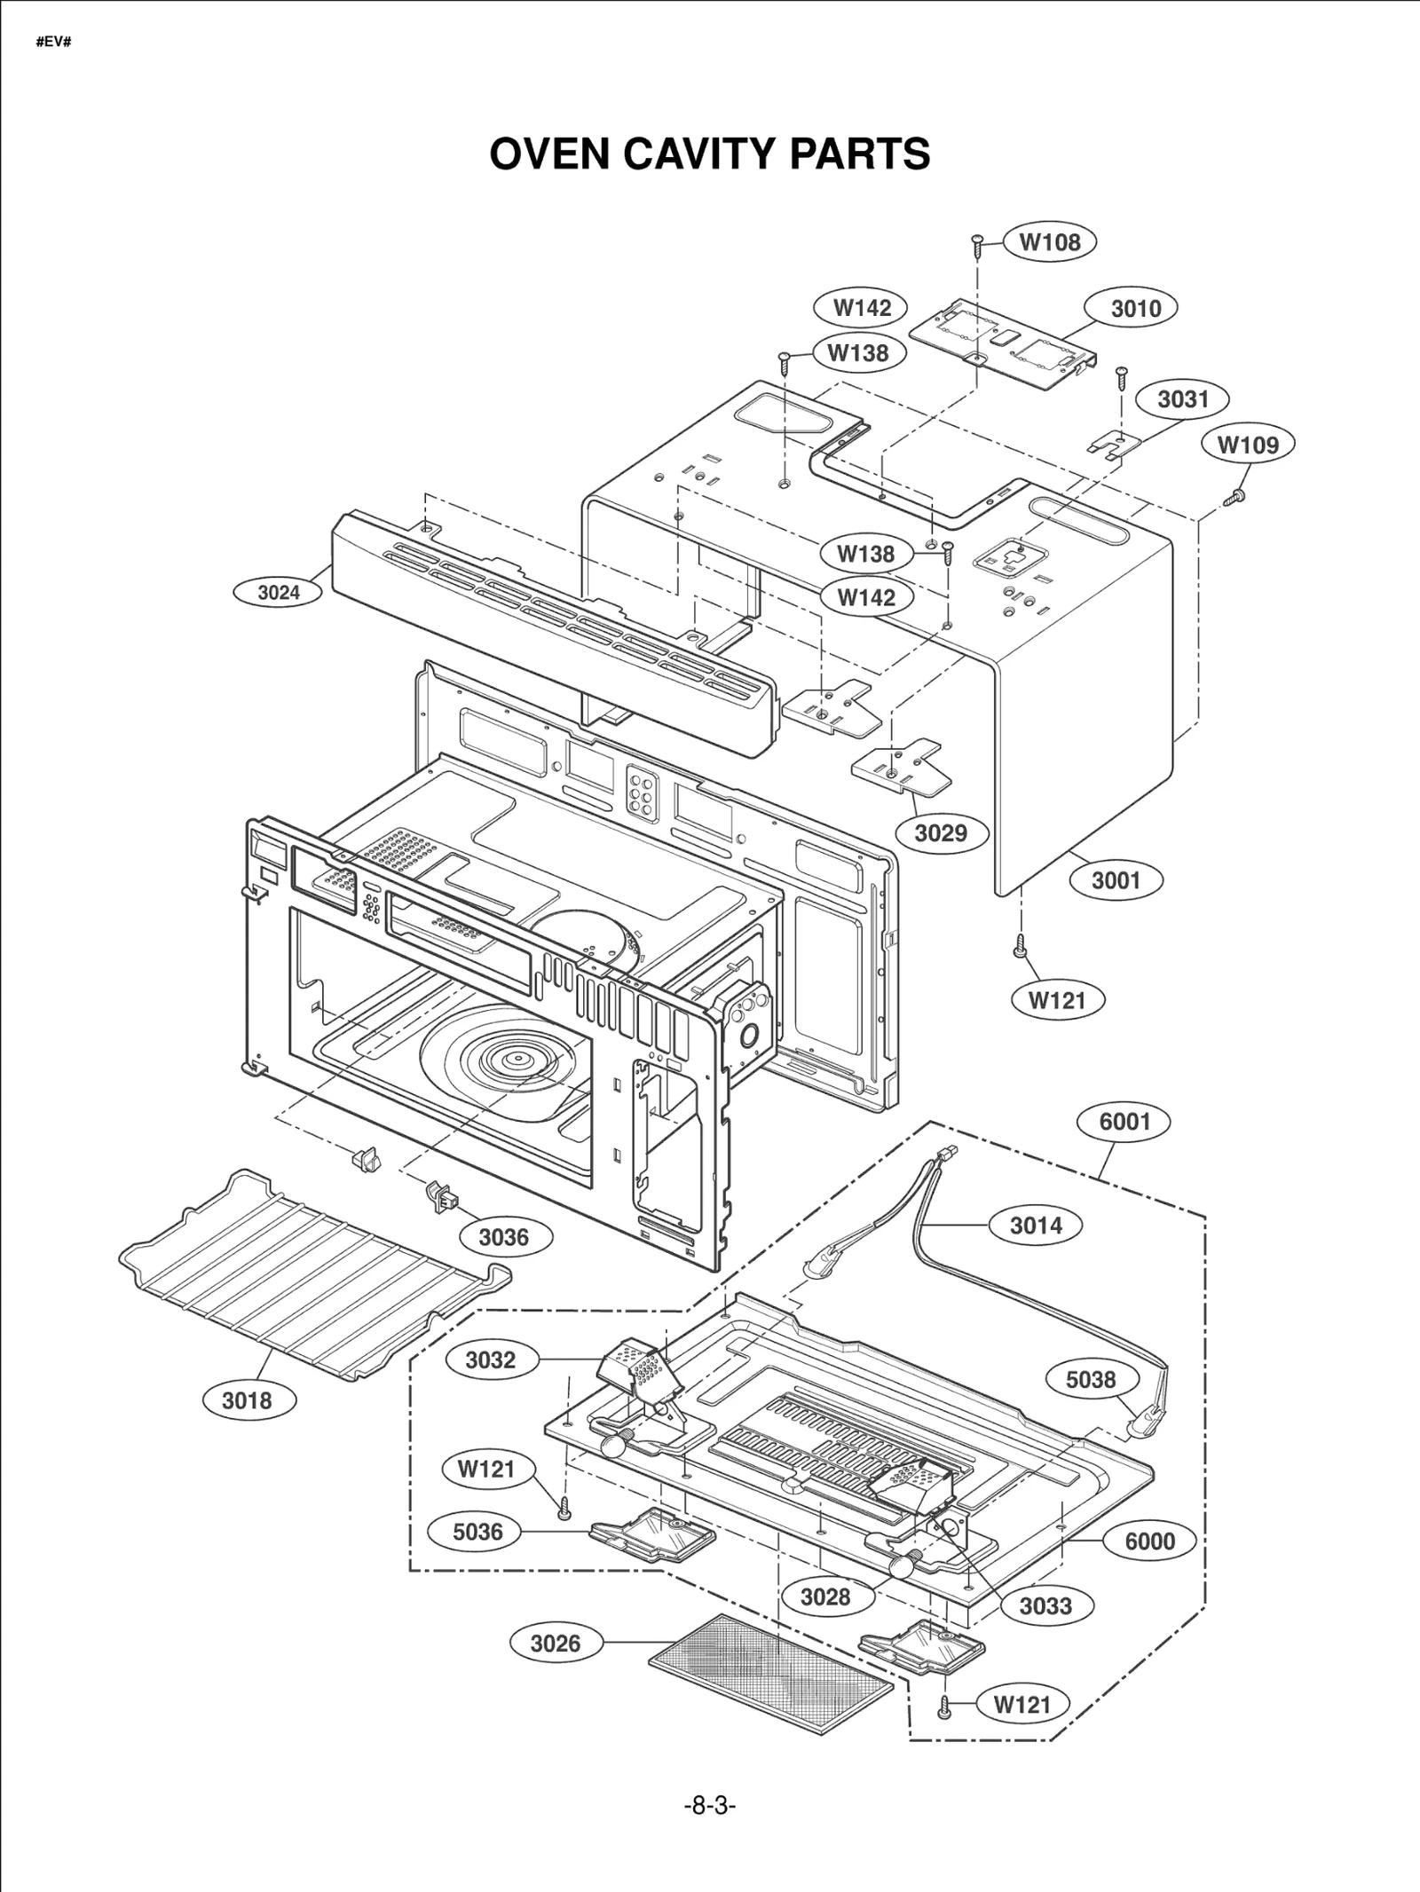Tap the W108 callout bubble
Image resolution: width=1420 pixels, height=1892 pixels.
1050,241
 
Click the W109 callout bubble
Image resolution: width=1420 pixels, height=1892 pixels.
1247,444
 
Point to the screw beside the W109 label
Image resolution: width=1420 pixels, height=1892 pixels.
1235,497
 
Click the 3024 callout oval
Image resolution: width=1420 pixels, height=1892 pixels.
279,592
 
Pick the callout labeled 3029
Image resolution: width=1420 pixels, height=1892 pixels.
940,832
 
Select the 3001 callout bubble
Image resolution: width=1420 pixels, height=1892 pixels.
1115,879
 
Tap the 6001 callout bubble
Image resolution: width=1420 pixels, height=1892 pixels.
1124,1121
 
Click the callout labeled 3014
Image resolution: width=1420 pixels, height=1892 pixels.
1036,1226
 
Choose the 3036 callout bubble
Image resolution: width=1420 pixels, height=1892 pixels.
503,1237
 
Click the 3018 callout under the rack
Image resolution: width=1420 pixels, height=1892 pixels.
247,1400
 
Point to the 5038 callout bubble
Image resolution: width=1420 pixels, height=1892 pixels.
1091,1379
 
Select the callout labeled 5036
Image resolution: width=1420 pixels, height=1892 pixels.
477,1531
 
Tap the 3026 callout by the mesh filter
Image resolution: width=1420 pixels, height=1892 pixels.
556,1643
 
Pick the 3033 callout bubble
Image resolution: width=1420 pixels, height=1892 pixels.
1045,1605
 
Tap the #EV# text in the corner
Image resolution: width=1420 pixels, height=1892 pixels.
53,42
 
